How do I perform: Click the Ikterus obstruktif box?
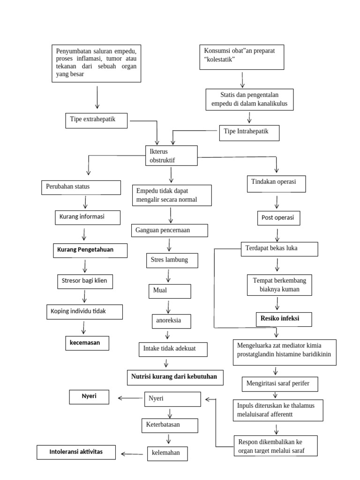171,156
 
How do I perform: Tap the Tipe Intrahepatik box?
249,133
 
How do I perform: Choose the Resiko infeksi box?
279,319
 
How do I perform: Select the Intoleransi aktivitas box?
76,452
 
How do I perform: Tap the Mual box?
170,291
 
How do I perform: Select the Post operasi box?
278,218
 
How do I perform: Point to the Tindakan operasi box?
277,184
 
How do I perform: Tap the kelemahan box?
166,453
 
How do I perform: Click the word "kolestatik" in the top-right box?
219,60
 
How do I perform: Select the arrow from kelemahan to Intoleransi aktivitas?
132,454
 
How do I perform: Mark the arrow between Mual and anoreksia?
168,307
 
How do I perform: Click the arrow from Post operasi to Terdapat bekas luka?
278,234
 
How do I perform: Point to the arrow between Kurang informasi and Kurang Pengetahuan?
84,234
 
